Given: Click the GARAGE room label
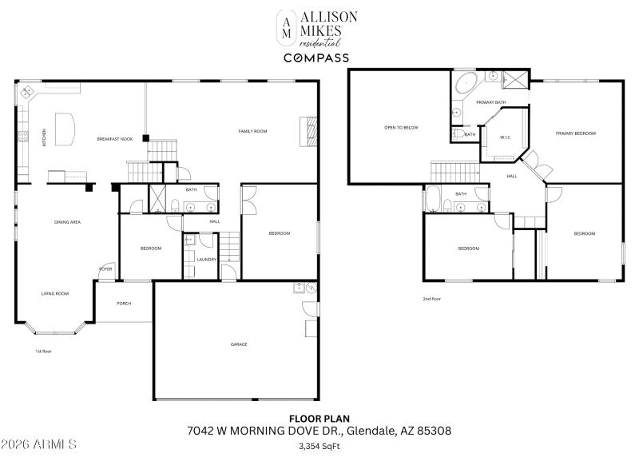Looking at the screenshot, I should (239, 344).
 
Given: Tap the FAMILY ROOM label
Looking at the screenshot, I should (252, 131).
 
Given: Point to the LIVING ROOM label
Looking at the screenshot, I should (55, 293).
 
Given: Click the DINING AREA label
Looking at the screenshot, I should (67, 221).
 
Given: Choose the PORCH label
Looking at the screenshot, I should (124, 304).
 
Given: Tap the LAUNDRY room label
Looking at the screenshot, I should (207, 260).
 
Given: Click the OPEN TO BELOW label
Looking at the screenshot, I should (401, 128).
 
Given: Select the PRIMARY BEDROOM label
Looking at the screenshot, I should (576, 133).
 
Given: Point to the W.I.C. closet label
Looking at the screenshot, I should (506, 137).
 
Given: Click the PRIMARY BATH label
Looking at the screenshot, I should (491, 102).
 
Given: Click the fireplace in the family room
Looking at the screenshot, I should (308, 131).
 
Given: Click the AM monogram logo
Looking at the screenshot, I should (284, 28).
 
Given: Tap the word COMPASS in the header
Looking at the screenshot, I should (316, 58).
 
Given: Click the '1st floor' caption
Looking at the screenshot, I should (43, 351).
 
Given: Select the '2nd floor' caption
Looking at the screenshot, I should (431, 299).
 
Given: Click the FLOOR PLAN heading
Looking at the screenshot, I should (319, 418).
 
